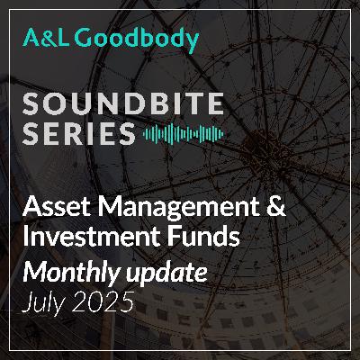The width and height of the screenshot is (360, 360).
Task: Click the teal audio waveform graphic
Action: click(183, 134)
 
